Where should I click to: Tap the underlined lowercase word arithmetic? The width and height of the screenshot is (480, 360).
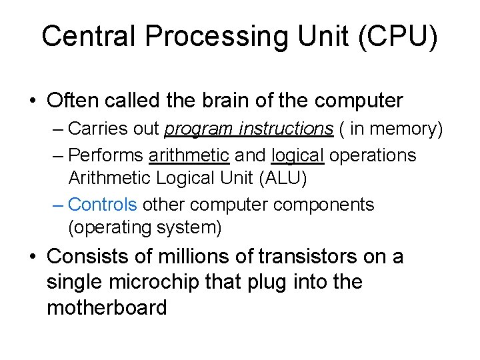189,155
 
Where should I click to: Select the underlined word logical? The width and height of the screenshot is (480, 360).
297,155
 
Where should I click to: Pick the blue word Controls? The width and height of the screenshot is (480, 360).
103,204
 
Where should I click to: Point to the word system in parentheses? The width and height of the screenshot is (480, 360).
189,227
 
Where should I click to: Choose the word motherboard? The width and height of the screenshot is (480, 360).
107,308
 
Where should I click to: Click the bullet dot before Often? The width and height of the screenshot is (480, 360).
32,101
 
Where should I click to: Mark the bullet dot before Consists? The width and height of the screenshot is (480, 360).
32,257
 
